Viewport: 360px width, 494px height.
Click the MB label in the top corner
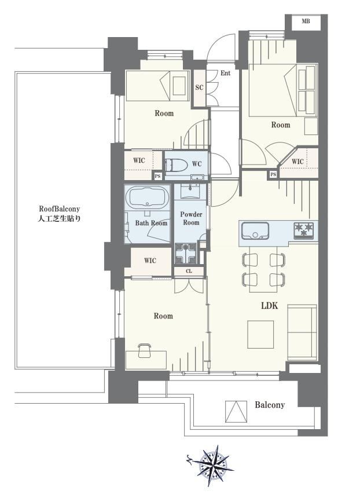(306, 21)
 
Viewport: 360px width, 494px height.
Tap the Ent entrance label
(225, 73)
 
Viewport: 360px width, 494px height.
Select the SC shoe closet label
(199, 87)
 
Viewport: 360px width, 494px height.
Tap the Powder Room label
(191, 218)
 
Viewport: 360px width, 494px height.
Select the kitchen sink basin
(255, 230)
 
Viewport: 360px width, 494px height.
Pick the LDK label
(269, 305)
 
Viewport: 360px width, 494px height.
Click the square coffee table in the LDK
(260, 334)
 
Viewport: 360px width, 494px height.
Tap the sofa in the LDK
(302, 332)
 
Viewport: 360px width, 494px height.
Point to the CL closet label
(189, 271)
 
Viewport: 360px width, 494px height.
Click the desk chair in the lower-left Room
(145, 350)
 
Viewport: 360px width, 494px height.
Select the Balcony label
(270, 405)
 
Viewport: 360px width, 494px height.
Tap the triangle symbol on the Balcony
(236, 411)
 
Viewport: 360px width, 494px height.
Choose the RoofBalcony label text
(59, 214)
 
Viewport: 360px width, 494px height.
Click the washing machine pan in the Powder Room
(186, 253)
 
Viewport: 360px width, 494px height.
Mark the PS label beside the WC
(158, 176)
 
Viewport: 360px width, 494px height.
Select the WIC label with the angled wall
(297, 162)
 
